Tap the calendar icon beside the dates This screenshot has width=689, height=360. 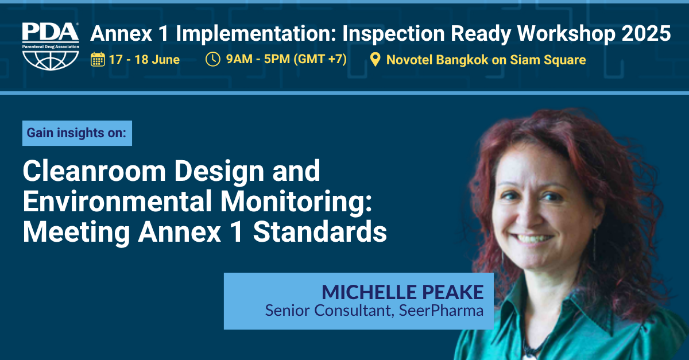pyautogui.click(x=98, y=59)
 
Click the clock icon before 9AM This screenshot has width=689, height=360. pyautogui.click(x=212, y=59)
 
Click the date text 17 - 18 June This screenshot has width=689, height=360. pyautogui.click(x=144, y=60)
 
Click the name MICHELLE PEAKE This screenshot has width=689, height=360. pyautogui.click(x=402, y=292)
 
